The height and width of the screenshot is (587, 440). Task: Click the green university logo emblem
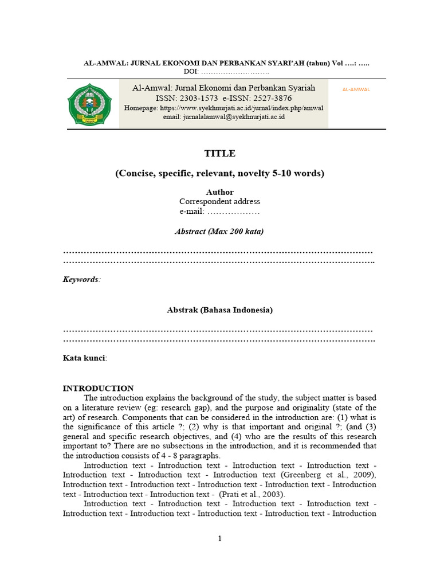point(87,104)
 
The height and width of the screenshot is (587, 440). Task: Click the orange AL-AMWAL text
point(356,90)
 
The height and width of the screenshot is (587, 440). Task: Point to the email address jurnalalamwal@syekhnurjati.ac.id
point(234,116)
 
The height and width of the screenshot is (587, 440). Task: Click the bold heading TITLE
point(220,154)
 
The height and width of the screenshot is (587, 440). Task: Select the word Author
point(220,192)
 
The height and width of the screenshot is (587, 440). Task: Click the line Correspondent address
point(220,202)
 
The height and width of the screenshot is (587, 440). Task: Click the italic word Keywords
point(80,279)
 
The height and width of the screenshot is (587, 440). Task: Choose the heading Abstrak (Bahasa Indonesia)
point(220,310)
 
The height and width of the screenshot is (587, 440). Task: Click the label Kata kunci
point(84,358)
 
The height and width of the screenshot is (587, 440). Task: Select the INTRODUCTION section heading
point(98,388)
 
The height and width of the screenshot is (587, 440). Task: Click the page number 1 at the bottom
point(219,538)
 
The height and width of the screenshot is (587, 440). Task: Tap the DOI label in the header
point(190,71)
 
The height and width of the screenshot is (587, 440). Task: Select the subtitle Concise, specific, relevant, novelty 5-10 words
point(220,173)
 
